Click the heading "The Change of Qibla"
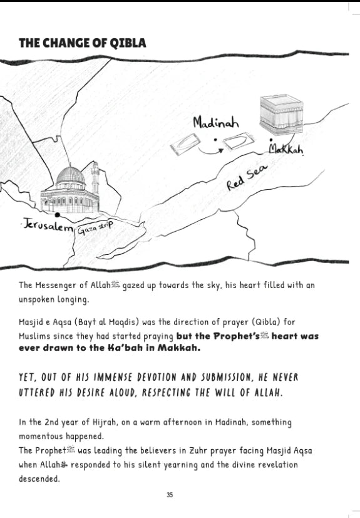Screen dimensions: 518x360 (83, 43)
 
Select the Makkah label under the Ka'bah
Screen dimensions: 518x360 (286, 149)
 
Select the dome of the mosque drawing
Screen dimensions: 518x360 (70, 176)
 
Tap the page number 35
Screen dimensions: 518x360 (170, 495)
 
